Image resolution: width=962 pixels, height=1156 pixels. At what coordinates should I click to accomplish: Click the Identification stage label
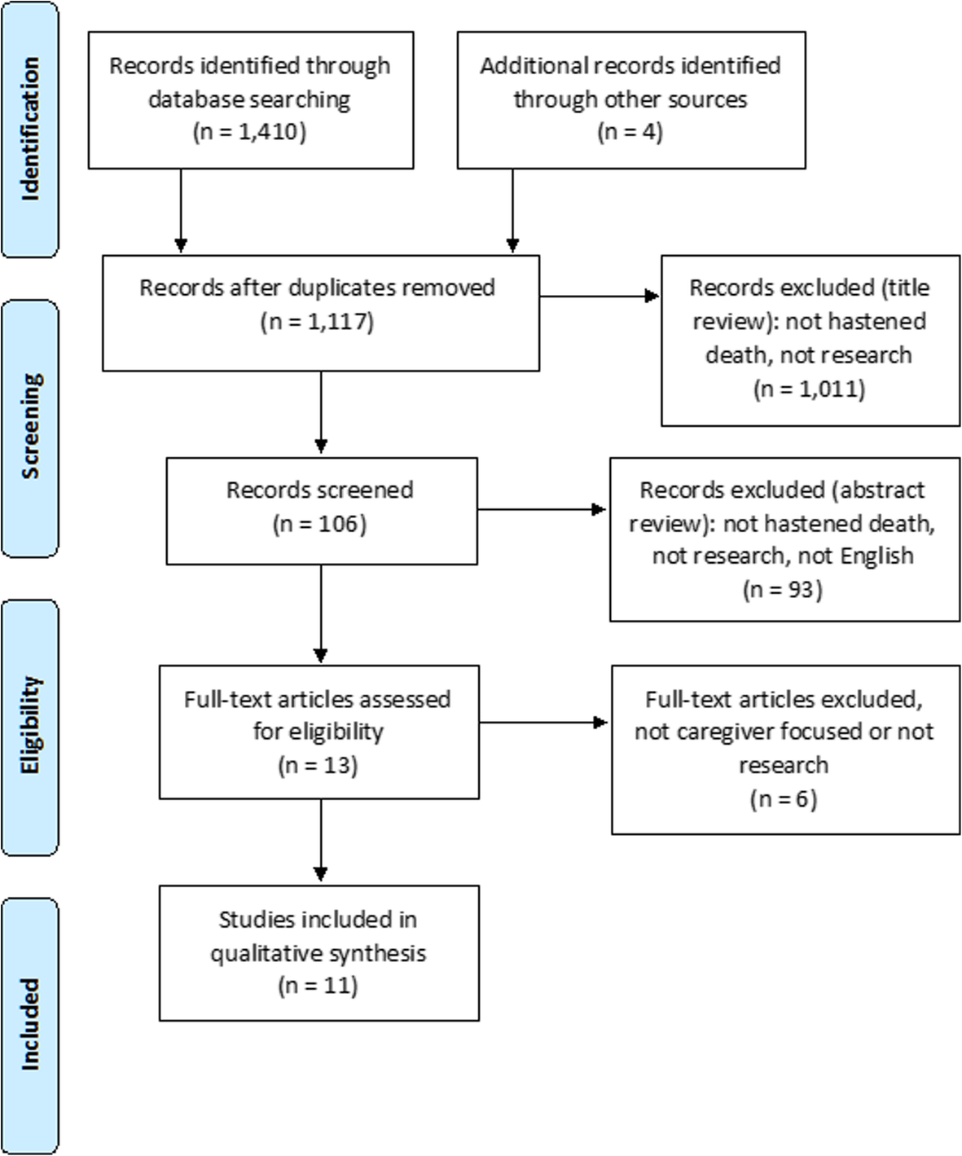click(x=30, y=129)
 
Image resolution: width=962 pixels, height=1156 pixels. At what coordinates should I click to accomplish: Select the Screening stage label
click(x=30, y=426)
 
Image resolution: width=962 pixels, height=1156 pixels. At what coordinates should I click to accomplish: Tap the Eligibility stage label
click(x=30, y=725)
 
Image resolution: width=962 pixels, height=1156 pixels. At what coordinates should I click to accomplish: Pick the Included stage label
click(x=30, y=1024)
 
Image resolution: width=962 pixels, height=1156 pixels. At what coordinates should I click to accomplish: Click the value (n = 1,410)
click(x=249, y=132)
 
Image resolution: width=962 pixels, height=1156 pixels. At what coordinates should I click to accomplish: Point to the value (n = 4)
click(x=630, y=132)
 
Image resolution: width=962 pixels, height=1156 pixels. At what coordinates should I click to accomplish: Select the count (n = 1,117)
click(x=317, y=322)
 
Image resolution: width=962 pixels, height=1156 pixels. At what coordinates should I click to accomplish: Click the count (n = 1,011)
click(x=809, y=389)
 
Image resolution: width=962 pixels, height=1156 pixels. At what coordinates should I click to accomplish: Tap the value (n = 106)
click(x=319, y=524)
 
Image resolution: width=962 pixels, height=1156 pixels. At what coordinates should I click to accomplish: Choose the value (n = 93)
click(x=783, y=589)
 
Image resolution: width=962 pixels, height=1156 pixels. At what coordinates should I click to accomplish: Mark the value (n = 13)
click(x=318, y=765)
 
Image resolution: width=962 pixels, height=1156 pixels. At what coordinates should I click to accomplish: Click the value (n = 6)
click(x=783, y=799)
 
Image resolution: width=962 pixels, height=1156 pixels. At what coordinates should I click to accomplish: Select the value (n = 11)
click(x=318, y=986)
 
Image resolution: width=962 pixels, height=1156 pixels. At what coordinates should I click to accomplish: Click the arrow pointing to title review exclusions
click(x=600, y=297)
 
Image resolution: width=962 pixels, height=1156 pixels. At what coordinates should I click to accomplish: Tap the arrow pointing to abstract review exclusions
click(x=542, y=510)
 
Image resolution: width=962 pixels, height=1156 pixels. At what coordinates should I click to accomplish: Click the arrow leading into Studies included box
click(x=321, y=842)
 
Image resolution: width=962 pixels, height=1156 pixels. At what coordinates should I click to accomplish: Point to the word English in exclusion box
click(x=876, y=556)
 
